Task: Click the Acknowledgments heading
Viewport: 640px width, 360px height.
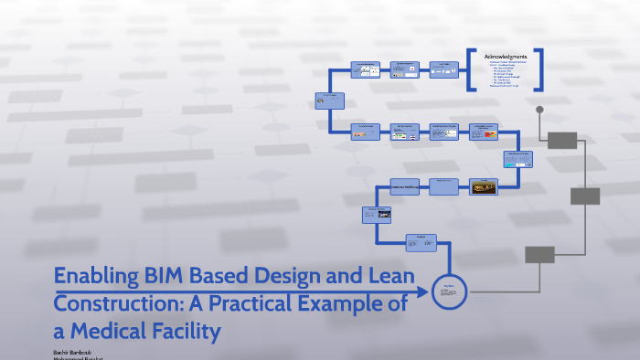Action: (506, 57)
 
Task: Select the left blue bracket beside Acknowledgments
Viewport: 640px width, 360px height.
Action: (471, 70)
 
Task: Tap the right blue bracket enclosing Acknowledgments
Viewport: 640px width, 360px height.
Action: (539, 70)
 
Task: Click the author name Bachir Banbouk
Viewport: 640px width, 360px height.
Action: (79, 351)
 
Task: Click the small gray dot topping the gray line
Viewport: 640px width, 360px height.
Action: (539, 110)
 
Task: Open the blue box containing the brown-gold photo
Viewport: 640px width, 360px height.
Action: (484, 186)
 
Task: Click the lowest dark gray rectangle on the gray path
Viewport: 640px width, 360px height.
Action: (539, 255)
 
